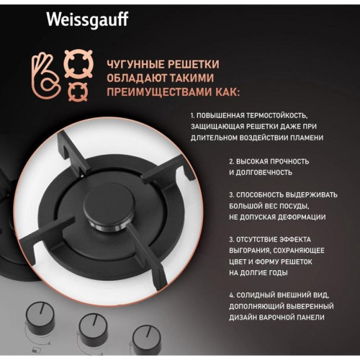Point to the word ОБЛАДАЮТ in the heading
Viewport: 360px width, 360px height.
pos(134,78)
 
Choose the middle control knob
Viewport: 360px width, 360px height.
pos(93,328)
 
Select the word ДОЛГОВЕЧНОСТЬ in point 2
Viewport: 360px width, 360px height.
pos(260,173)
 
